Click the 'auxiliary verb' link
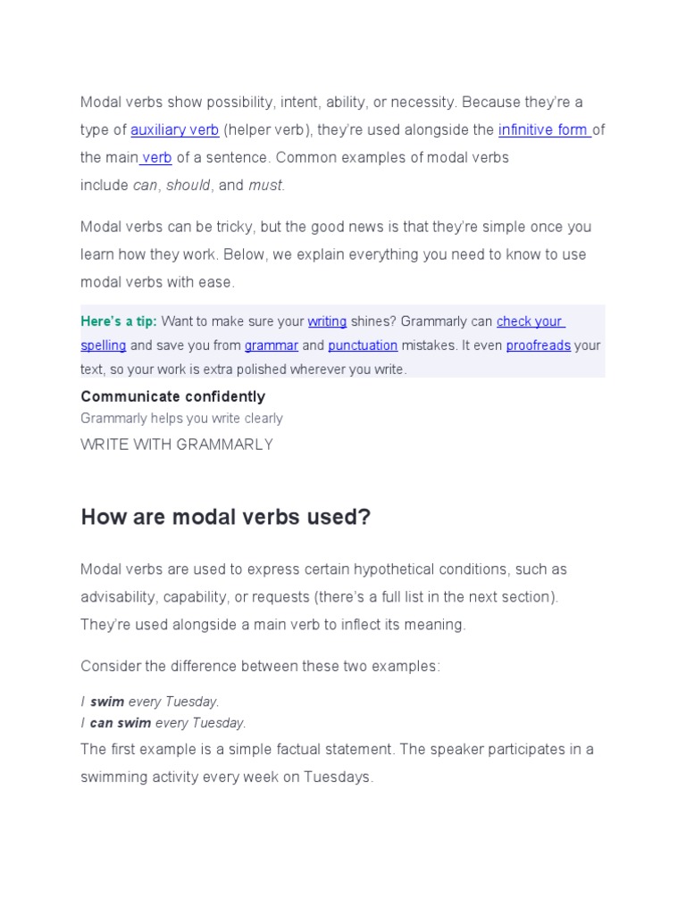click(x=174, y=130)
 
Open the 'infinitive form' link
click(x=543, y=130)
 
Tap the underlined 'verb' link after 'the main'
click(x=156, y=158)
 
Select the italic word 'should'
click(x=188, y=186)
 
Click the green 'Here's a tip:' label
click(x=118, y=321)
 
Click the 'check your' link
click(x=530, y=321)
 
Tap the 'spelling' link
click(x=104, y=345)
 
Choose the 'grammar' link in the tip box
click(x=271, y=345)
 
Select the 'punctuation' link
click(x=363, y=345)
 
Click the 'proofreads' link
click(x=538, y=345)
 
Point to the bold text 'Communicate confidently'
click(x=172, y=396)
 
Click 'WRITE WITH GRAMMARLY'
click(x=177, y=445)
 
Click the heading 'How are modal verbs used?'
click(x=225, y=517)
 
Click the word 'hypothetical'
click(x=394, y=569)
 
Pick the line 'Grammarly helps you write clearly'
click(x=181, y=419)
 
